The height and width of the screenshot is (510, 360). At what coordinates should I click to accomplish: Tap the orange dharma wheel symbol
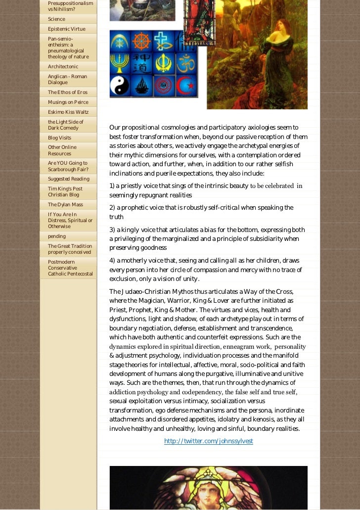[x=142, y=42]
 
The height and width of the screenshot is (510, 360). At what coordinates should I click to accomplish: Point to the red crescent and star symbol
[x=186, y=85]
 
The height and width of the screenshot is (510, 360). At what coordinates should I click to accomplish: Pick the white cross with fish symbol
[x=164, y=42]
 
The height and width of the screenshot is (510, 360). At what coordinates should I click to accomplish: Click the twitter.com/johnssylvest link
[x=208, y=441]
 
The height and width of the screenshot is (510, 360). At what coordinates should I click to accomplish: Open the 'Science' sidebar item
[x=56, y=19]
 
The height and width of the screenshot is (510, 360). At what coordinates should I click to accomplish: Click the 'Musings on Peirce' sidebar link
[x=68, y=102]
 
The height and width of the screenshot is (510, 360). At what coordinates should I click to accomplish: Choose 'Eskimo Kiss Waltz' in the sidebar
[x=68, y=112]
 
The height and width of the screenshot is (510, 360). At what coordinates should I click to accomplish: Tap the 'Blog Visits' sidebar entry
[x=59, y=138]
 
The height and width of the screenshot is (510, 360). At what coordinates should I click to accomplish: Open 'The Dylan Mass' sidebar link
[x=65, y=204]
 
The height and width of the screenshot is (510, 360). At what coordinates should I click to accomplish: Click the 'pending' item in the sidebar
[x=57, y=236]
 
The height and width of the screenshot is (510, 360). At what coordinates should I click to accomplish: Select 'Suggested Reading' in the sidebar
[x=68, y=179]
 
